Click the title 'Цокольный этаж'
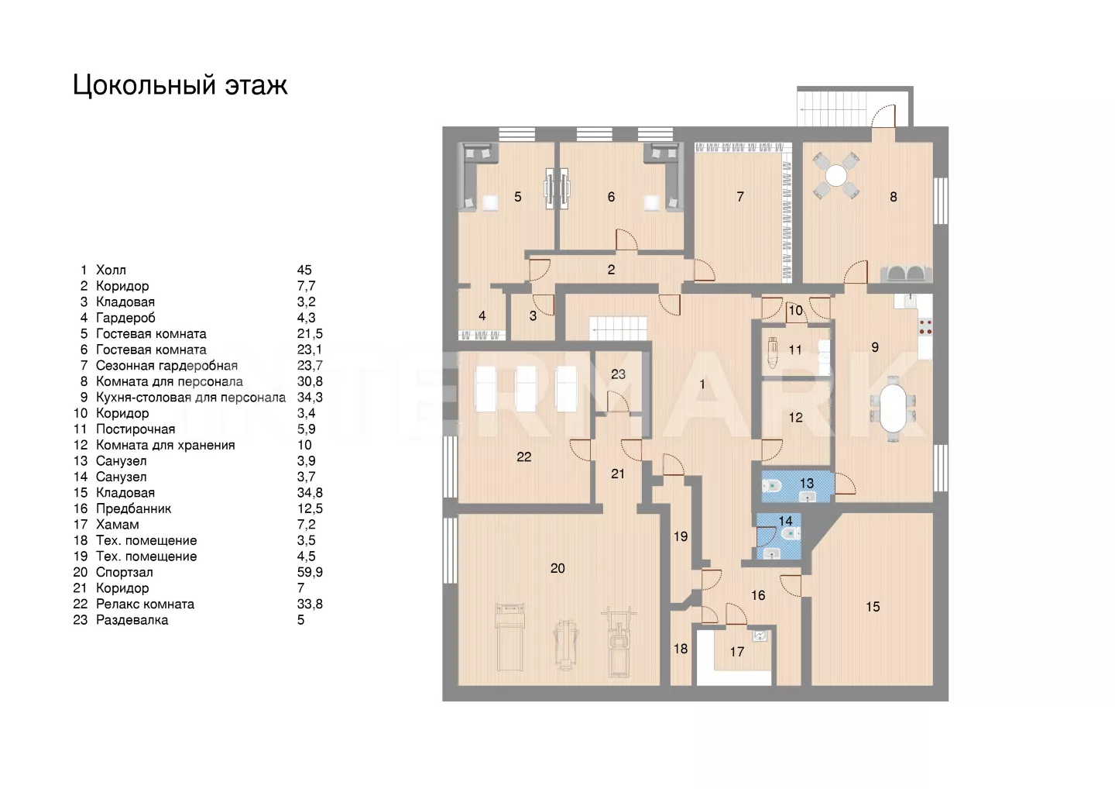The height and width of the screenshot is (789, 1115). click(x=180, y=84)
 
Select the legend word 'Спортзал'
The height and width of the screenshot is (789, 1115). click(x=124, y=572)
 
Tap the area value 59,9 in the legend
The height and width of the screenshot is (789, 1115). click(x=310, y=572)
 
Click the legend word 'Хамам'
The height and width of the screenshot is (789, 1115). click(x=117, y=524)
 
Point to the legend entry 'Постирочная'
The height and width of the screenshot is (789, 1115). click(x=135, y=429)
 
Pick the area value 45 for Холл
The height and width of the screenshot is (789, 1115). click(x=304, y=270)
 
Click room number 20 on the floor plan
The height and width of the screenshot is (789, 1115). click(x=557, y=568)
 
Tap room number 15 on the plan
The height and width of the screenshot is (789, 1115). click(x=873, y=607)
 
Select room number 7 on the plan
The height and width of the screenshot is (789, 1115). click(x=740, y=197)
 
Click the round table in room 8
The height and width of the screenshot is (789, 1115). click(x=836, y=175)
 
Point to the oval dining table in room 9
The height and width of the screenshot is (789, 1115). click(x=894, y=408)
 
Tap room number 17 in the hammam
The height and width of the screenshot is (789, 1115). click(x=736, y=652)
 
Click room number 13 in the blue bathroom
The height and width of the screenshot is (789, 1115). click(x=807, y=483)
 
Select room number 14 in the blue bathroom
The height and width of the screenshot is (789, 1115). click(x=786, y=521)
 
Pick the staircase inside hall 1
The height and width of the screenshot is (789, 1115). click(x=618, y=329)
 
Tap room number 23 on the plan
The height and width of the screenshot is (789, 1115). click(x=618, y=374)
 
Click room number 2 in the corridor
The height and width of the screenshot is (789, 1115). click(x=611, y=270)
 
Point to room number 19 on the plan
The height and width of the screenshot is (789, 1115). click(x=681, y=536)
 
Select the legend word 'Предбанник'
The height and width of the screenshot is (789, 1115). click(x=133, y=508)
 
